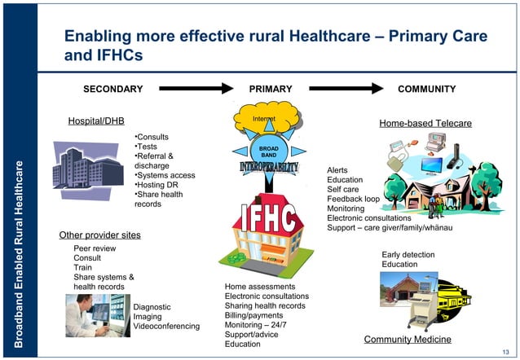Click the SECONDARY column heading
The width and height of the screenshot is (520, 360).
113,89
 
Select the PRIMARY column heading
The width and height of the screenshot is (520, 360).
269,89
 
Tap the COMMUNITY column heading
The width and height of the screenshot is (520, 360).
426,89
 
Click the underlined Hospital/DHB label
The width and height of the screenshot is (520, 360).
96,121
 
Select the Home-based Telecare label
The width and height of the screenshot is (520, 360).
425,123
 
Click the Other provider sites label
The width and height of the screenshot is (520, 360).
100,235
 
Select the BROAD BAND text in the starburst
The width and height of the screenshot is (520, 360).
269,151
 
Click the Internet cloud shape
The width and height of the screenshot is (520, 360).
264,121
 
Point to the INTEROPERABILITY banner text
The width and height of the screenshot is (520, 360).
269,167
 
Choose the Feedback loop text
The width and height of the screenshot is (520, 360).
353,199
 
